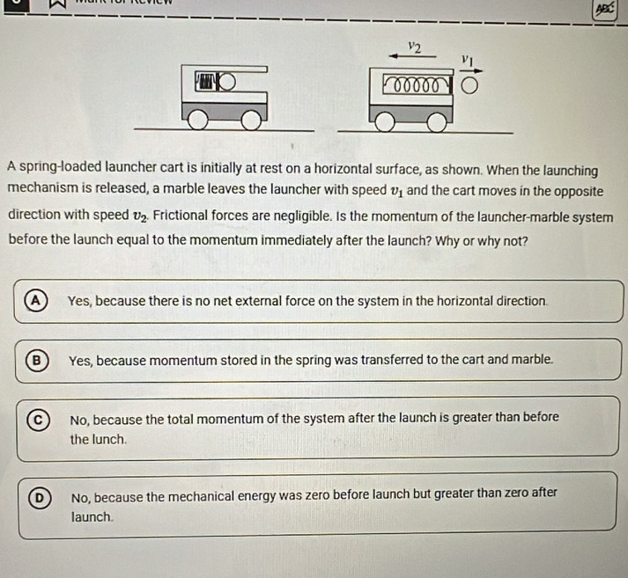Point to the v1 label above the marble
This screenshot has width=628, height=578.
[468, 59]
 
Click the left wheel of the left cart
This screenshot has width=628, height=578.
[198, 120]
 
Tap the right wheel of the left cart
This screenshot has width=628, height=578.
[252, 120]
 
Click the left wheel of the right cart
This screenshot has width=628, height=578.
[383, 122]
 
